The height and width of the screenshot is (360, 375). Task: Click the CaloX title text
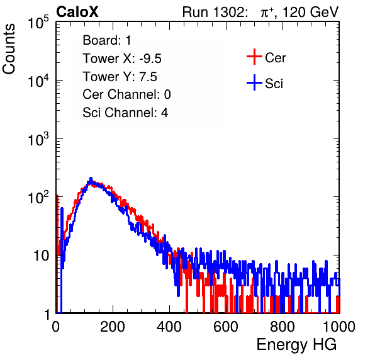(77, 12)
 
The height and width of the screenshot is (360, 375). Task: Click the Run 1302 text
(215, 12)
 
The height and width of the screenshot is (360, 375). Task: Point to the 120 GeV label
(311, 12)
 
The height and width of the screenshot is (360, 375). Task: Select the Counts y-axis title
(9, 49)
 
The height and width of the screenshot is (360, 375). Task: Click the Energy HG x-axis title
(296, 345)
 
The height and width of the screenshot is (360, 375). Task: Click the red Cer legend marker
(254, 57)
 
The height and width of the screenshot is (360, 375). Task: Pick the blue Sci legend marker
(254, 82)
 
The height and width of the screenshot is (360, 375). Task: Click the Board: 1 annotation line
(107, 40)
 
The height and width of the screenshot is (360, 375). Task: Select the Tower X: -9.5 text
(122, 59)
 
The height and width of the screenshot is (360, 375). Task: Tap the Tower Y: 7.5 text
(120, 77)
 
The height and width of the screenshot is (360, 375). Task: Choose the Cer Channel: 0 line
(126, 94)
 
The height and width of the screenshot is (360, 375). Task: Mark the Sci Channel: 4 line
(125, 113)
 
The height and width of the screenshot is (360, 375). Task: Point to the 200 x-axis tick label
(113, 327)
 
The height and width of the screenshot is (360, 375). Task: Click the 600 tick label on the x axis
(226, 327)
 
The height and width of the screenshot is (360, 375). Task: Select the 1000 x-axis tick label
(339, 327)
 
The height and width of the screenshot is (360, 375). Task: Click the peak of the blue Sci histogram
(91, 178)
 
